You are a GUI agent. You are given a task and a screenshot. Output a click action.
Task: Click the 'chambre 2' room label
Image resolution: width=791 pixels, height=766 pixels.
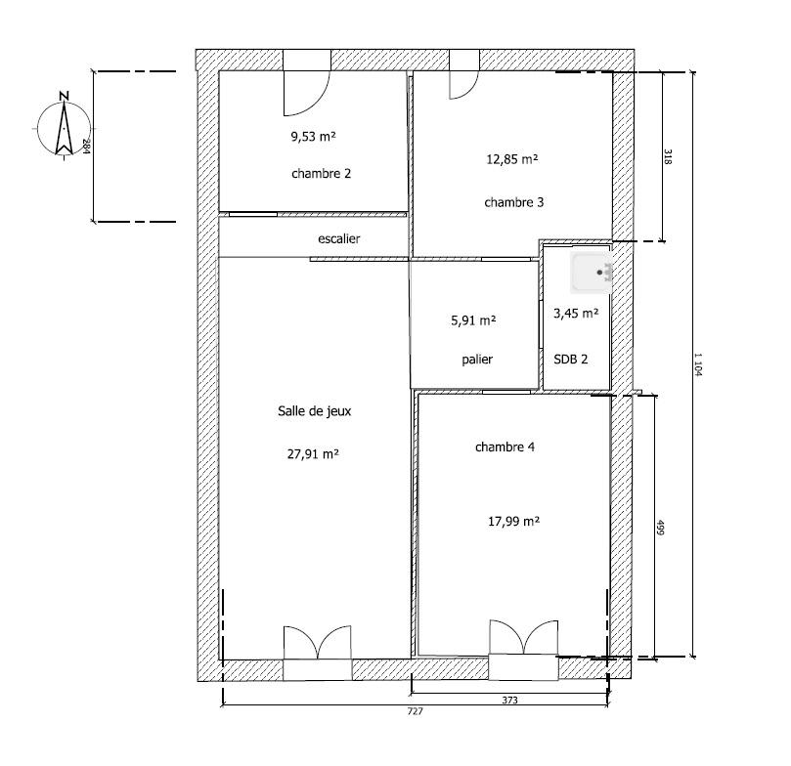tap(321, 174)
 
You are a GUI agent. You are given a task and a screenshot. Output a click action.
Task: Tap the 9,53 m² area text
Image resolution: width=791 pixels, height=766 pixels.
tap(313, 136)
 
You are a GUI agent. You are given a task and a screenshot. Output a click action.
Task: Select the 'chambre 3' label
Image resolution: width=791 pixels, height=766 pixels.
tap(514, 202)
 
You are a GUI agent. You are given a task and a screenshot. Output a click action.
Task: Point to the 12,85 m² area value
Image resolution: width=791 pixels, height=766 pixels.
tap(512, 159)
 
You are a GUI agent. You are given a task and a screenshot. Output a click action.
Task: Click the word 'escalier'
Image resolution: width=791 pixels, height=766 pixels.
tap(339, 238)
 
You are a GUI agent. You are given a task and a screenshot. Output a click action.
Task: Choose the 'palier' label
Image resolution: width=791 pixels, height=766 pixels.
tap(477, 360)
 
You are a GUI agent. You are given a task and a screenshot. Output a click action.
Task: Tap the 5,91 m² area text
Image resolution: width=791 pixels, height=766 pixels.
tap(473, 320)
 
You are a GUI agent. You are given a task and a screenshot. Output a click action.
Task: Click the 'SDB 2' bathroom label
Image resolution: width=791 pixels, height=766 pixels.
tap(571, 360)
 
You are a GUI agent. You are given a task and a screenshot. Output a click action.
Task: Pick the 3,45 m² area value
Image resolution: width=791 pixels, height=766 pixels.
tap(576, 314)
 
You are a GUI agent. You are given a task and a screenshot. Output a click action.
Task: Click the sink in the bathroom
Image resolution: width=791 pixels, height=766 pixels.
tap(592, 273)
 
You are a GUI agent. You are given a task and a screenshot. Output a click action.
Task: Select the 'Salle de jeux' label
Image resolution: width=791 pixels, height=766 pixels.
tap(314, 411)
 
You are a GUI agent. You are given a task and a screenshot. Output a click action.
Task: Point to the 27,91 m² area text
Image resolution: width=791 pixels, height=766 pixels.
tap(313, 454)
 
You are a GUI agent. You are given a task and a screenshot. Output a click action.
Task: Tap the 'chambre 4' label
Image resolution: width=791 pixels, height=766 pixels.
tap(505, 447)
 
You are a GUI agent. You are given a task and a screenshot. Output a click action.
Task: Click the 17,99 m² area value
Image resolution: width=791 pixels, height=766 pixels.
tap(513, 521)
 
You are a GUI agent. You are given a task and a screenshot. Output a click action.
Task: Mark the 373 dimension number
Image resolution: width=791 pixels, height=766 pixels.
tap(510, 700)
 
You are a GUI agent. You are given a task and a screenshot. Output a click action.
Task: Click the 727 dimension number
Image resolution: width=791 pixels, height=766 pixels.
tap(416, 711)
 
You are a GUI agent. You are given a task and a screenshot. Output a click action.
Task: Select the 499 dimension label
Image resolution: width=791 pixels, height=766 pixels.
tap(660, 528)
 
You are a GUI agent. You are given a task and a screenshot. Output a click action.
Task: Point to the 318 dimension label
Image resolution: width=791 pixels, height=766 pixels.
tap(668, 156)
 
